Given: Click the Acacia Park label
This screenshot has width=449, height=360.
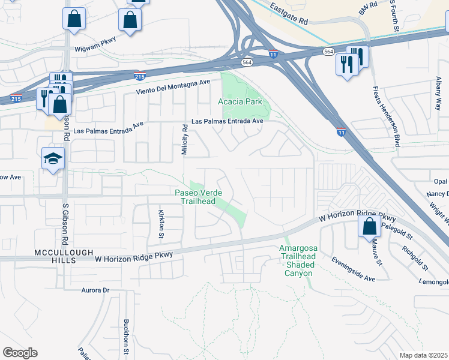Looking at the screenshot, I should pyautogui.click(x=240, y=101).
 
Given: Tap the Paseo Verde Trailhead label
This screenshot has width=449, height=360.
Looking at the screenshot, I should pyautogui.click(x=199, y=197).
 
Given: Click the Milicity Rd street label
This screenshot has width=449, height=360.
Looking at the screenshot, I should pyautogui.click(x=185, y=140).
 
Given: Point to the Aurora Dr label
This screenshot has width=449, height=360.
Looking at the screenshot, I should pyautogui.click(x=97, y=290).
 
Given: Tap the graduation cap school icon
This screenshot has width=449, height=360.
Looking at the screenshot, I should pyautogui.click(x=53, y=159).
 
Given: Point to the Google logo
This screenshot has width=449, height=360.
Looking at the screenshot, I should pyautogui.click(x=20, y=353).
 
